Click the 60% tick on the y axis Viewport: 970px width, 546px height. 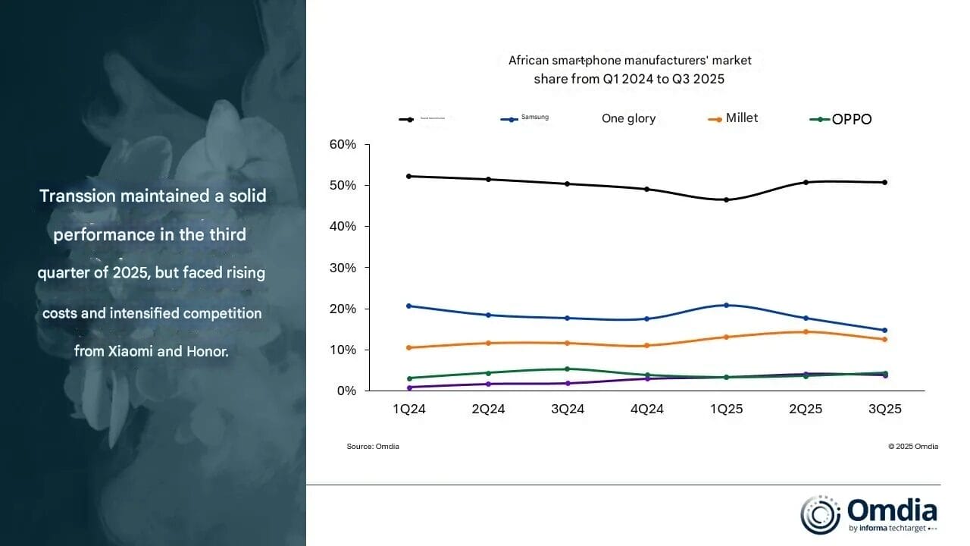[343, 144]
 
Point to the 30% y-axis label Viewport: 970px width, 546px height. [343, 268]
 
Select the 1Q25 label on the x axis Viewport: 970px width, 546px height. [726, 409]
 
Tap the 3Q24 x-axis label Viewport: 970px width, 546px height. [568, 409]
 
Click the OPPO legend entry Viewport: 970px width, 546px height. [841, 119]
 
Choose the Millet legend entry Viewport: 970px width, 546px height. [733, 118]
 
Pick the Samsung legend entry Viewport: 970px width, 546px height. [524, 118]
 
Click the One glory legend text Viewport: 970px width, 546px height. [628, 118]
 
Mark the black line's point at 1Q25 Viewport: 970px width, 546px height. [726, 200]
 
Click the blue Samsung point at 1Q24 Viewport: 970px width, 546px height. [409, 306]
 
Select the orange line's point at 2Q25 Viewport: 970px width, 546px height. [806, 331]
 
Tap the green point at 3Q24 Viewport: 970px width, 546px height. [568, 369]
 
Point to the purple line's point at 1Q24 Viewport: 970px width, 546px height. [409, 388]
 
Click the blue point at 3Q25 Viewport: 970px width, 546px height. [884, 330]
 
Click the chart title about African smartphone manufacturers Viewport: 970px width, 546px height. [630, 69]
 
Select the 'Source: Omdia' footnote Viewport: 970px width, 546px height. [373, 447]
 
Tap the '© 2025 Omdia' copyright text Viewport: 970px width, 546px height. [913, 447]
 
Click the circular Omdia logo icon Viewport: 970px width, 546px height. [820, 515]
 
